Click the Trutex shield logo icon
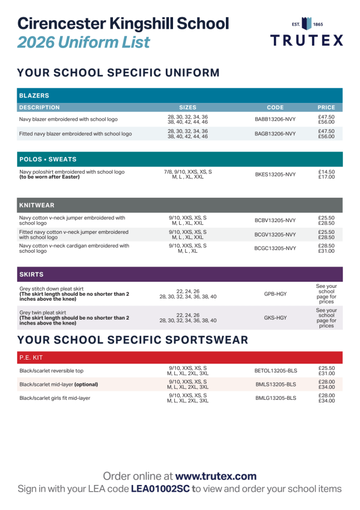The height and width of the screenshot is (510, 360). [x=307, y=24]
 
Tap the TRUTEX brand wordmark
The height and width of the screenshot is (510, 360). [x=307, y=40]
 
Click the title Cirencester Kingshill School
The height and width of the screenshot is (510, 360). [x=123, y=23]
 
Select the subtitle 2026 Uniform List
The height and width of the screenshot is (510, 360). [x=83, y=42]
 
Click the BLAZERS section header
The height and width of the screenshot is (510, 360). [x=34, y=96]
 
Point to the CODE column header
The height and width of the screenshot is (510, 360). [x=275, y=107]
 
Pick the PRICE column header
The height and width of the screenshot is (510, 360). [x=326, y=107]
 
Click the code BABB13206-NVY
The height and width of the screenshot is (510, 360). [x=275, y=119]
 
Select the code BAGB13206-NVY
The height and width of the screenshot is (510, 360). [x=275, y=134]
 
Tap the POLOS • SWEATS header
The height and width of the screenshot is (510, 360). [x=48, y=159]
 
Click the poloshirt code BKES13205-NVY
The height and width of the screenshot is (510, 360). [x=275, y=174]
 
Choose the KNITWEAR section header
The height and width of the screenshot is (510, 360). [x=37, y=205]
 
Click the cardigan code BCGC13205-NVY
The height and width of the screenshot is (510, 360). [x=275, y=248]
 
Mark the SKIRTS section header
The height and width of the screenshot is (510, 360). [x=31, y=274]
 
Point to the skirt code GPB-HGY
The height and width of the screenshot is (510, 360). [x=275, y=293]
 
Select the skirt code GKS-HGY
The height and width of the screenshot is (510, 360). [x=275, y=318]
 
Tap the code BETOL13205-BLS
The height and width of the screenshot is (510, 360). [x=276, y=370]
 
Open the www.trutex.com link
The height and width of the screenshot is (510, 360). [x=216, y=476]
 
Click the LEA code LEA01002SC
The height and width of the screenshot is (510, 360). [x=160, y=489]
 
